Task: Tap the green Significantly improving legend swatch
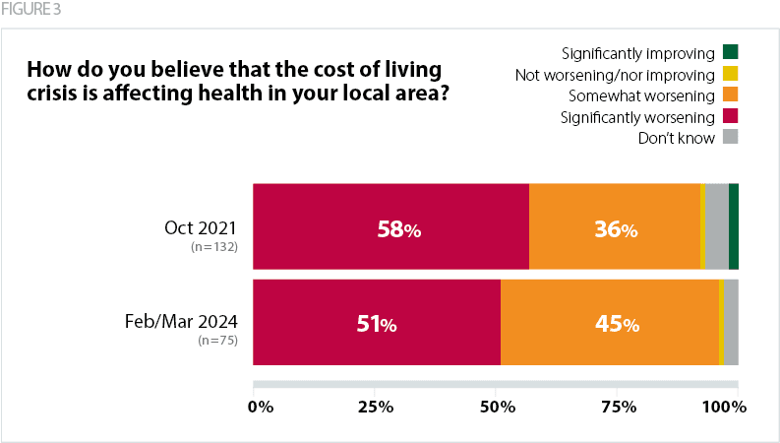point(731,51)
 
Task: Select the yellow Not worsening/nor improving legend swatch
point(731,74)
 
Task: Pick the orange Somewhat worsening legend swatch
point(731,95)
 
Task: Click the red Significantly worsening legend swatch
point(731,117)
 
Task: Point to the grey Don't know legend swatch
point(731,138)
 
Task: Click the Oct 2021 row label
point(201,227)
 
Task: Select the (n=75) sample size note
point(218,341)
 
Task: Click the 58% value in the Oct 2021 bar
point(399,229)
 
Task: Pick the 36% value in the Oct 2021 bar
point(616,229)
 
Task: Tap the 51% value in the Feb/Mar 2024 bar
point(375,324)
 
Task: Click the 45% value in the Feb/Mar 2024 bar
point(617,324)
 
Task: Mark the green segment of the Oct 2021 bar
point(734,226)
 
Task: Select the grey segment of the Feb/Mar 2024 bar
point(731,323)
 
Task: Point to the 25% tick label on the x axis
point(375,407)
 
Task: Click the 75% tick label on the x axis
point(617,407)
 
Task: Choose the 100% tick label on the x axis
point(725,407)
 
